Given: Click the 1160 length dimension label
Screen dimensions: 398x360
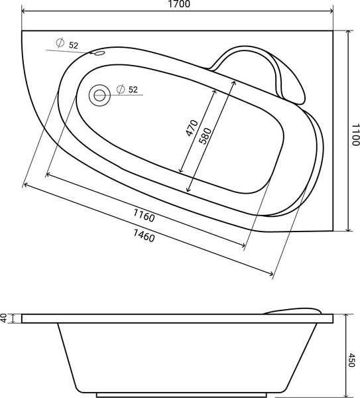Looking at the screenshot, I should point(143,216).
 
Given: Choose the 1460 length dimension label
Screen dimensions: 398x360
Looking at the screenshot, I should point(144,235).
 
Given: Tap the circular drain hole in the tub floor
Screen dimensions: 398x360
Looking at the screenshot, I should point(100,95).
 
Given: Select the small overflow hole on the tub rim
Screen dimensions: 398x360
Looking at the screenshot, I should point(100,54).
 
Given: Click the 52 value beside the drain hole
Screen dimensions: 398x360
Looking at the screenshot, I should point(133,90).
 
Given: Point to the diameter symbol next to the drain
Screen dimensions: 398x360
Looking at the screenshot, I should point(120,90).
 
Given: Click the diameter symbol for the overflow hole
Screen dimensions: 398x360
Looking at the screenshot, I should point(60,44).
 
